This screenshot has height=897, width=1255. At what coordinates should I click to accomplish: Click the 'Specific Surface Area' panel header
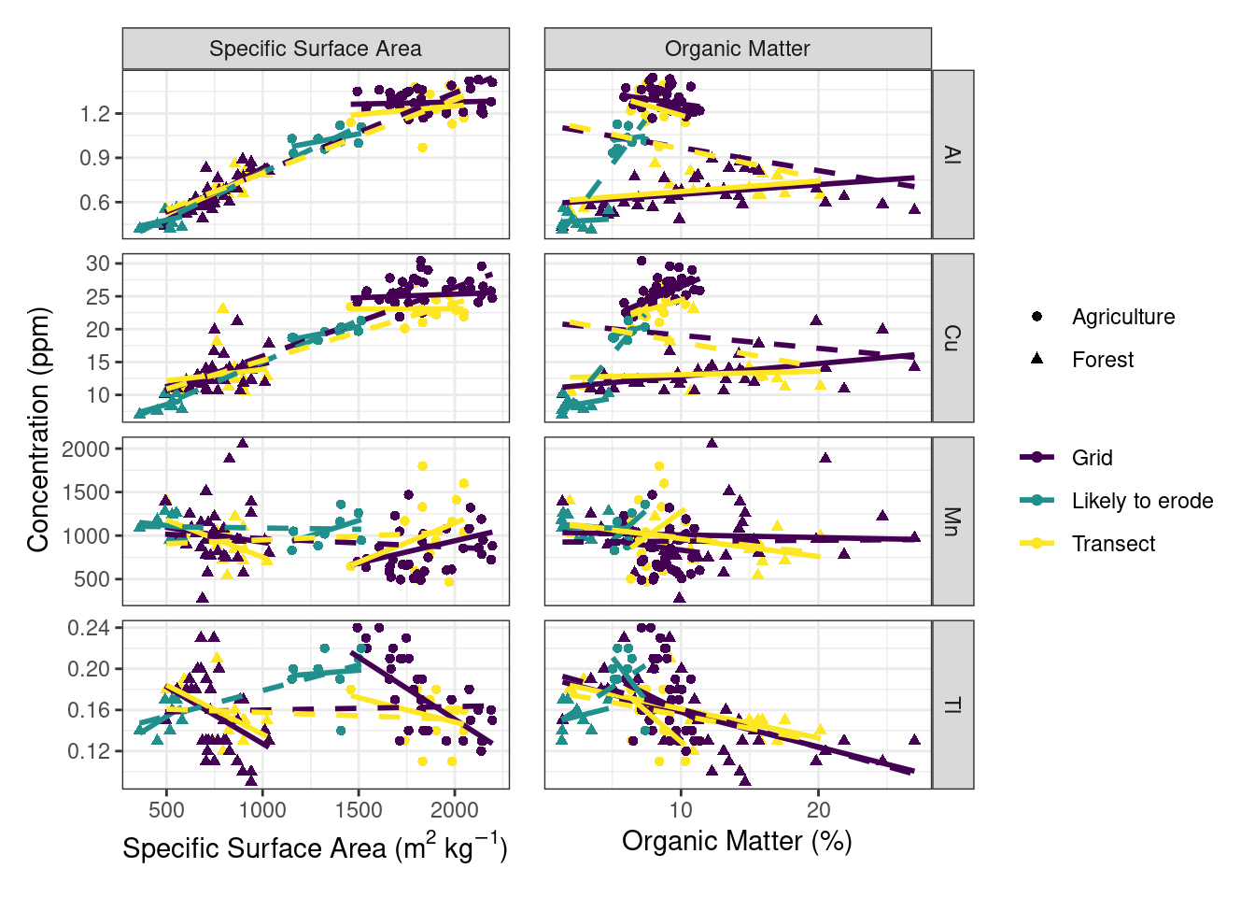click(316, 49)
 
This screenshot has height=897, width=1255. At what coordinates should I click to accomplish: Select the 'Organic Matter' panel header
click(738, 49)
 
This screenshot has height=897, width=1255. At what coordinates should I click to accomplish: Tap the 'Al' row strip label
click(952, 154)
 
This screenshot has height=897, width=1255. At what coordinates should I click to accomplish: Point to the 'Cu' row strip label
click(952, 337)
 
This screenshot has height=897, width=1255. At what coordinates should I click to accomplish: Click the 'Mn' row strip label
click(952, 520)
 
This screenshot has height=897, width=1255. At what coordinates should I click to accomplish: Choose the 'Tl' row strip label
click(952, 705)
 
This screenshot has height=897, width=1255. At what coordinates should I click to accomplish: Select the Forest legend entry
click(1102, 360)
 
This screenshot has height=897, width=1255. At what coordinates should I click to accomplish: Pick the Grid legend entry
click(1092, 458)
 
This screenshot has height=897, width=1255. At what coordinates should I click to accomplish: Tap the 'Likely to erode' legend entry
click(1141, 501)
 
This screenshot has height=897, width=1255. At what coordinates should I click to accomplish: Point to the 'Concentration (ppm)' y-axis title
click(37, 430)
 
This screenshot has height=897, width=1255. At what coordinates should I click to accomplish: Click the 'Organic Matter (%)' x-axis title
click(737, 841)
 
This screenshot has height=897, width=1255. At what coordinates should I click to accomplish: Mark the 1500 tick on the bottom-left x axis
click(359, 809)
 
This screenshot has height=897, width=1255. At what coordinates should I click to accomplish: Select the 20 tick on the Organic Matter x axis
click(818, 809)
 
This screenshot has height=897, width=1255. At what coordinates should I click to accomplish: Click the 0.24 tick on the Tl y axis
click(89, 628)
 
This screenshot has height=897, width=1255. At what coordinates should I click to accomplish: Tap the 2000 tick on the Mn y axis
click(86, 449)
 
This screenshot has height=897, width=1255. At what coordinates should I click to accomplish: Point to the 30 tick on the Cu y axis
click(98, 263)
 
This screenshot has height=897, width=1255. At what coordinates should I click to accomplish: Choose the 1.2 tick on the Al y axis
click(94, 114)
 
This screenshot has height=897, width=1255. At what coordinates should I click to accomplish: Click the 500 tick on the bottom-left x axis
click(166, 809)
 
